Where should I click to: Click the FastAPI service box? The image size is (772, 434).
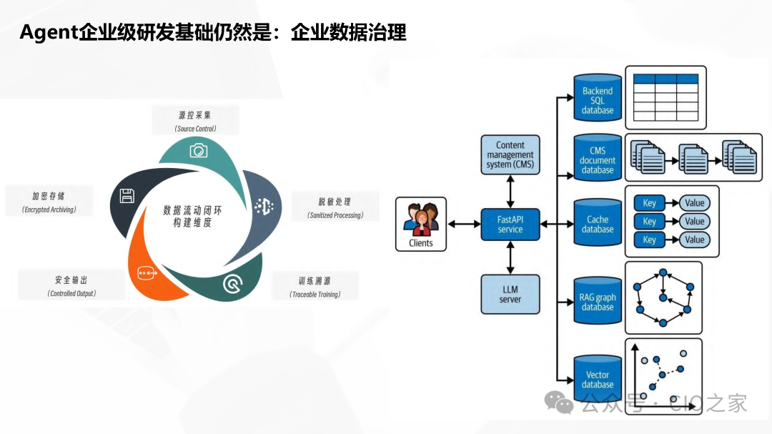click(x=510, y=224)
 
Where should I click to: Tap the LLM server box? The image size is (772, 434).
click(x=510, y=294)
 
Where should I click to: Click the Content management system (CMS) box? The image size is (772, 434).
click(x=510, y=154)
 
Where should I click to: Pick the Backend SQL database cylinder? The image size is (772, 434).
click(x=598, y=99)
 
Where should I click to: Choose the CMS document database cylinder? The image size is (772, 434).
click(x=598, y=159)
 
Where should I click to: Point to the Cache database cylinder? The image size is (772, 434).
click(x=598, y=223)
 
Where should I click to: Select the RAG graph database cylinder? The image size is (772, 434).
click(x=598, y=301)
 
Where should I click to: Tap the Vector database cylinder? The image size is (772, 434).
click(x=598, y=378)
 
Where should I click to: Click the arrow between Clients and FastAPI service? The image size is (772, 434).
click(x=463, y=225)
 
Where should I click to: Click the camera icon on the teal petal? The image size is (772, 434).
click(x=198, y=150)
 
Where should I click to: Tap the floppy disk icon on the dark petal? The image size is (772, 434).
click(x=127, y=196)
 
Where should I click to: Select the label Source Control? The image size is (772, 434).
click(x=195, y=129)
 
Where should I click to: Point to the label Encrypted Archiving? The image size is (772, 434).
click(x=49, y=210)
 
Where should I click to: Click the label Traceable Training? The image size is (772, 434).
click(x=315, y=295)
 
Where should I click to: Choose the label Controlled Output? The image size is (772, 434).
click(x=71, y=293)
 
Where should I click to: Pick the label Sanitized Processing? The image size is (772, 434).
click(x=335, y=215)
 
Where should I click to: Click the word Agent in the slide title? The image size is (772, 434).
click(x=49, y=33)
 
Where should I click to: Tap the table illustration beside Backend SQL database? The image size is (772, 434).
click(x=665, y=97)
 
